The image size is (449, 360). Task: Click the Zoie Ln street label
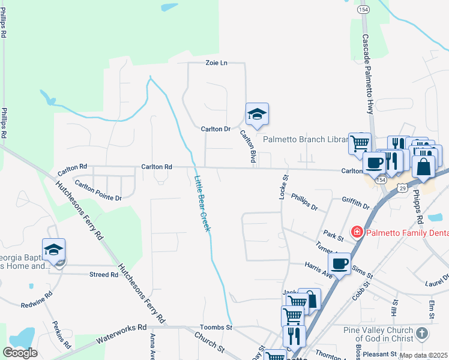click(x=217, y=62)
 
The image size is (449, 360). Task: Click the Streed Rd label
click(x=104, y=275)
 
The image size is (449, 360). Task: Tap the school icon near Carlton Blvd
click(x=257, y=113)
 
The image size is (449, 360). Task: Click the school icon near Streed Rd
click(x=53, y=250)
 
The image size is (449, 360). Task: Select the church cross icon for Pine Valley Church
click(x=422, y=334)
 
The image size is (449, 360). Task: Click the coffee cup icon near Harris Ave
click(x=339, y=263)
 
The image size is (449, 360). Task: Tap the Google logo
click(x=20, y=353)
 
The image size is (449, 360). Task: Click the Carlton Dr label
click(x=215, y=129)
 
